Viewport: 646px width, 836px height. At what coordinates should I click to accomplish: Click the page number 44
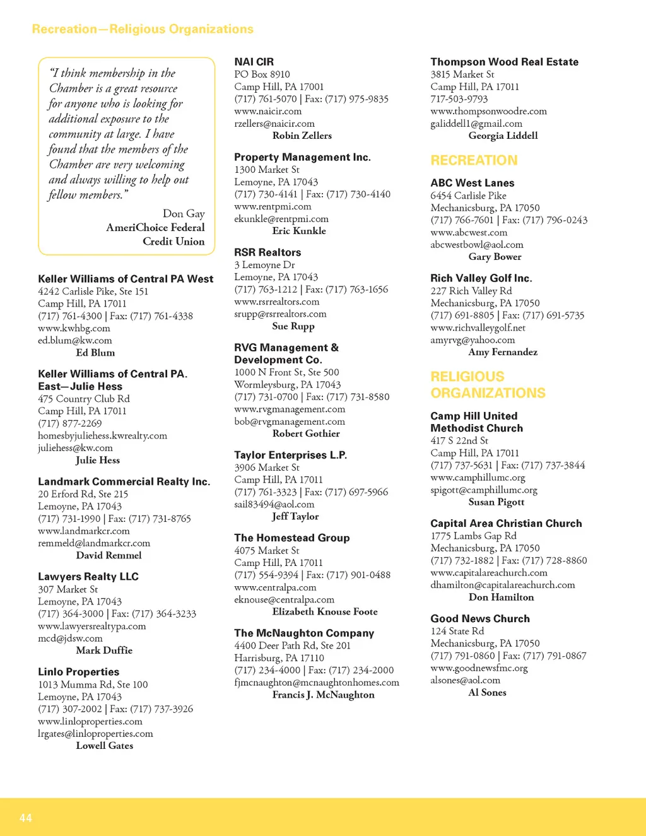[26, 818]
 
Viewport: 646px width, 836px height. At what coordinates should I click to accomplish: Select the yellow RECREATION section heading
[474, 160]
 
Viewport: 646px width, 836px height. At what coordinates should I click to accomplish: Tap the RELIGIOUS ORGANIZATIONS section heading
[488, 385]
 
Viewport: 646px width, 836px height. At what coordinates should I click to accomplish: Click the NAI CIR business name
[254, 62]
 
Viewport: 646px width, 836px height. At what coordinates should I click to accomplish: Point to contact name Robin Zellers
[302, 136]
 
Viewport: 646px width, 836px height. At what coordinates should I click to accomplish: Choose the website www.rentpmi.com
[273, 206]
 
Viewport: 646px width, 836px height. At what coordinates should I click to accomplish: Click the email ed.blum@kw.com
[74, 340]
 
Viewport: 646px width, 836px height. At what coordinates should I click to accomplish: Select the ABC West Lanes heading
[472, 183]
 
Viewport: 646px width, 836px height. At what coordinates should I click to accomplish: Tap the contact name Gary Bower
[495, 257]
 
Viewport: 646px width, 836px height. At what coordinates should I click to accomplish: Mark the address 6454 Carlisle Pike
[468, 196]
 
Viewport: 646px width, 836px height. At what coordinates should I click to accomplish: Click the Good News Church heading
[479, 619]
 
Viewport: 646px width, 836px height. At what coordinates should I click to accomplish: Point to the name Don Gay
[184, 213]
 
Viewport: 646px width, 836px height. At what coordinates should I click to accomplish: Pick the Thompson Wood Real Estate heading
[504, 62]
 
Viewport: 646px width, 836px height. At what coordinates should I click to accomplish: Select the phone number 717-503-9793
[459, 99]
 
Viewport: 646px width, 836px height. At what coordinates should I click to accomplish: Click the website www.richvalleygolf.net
[478, 327]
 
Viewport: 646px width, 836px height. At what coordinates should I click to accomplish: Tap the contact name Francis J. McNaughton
[323, 695]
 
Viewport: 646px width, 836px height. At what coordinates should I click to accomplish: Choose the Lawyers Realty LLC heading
[88, 577]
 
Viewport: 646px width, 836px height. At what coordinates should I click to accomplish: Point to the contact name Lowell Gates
[104, 746]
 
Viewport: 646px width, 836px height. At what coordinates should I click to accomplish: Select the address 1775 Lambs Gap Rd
[473, 536]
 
